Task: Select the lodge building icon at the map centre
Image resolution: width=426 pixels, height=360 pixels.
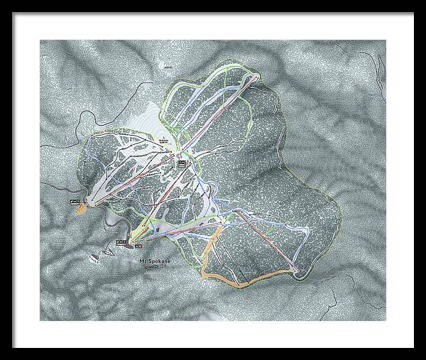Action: [181, 163]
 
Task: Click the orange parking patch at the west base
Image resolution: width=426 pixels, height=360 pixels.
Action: [82, 209]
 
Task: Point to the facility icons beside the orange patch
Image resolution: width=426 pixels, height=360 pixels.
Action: [74, 203]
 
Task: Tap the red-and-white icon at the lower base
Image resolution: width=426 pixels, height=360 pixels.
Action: [138, 246]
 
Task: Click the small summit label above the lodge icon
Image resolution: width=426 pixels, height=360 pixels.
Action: [165, 138]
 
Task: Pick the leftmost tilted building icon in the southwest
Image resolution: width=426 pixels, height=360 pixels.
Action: [93, 256]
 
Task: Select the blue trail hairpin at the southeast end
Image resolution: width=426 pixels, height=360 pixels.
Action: [307, 232]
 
